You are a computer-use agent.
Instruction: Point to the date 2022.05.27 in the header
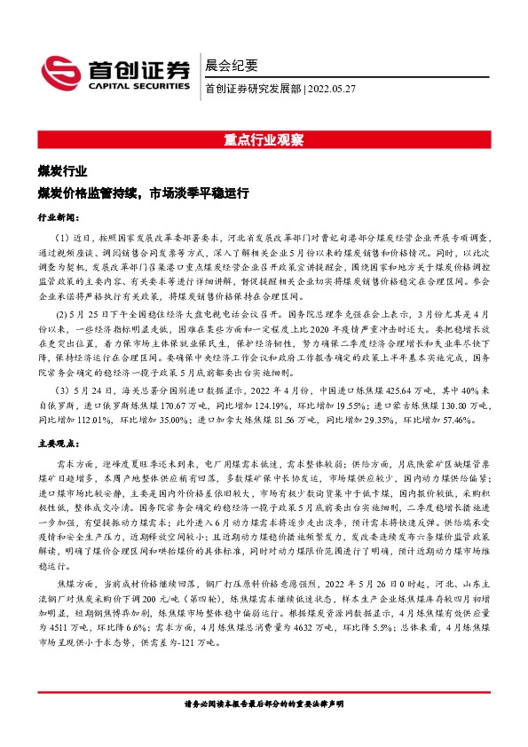coord(332,89)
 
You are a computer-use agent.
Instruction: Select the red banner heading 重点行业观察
coord(264,139)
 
